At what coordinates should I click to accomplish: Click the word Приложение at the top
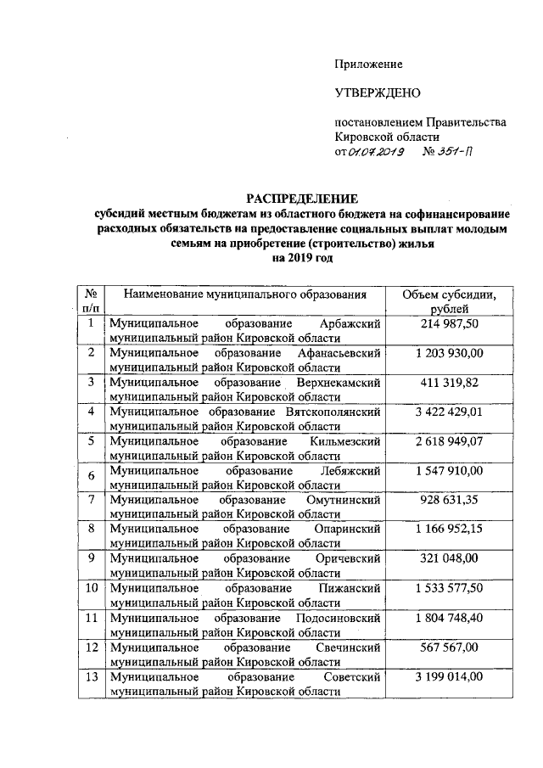coord(368,64)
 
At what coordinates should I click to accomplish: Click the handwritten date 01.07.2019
coord(375,152)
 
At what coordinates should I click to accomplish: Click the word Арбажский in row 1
coord(350,324)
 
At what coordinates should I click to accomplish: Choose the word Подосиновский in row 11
coord(342,618)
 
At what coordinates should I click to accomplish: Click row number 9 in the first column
coord(89,558)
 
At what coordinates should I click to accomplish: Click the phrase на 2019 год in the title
coord(303,259)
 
